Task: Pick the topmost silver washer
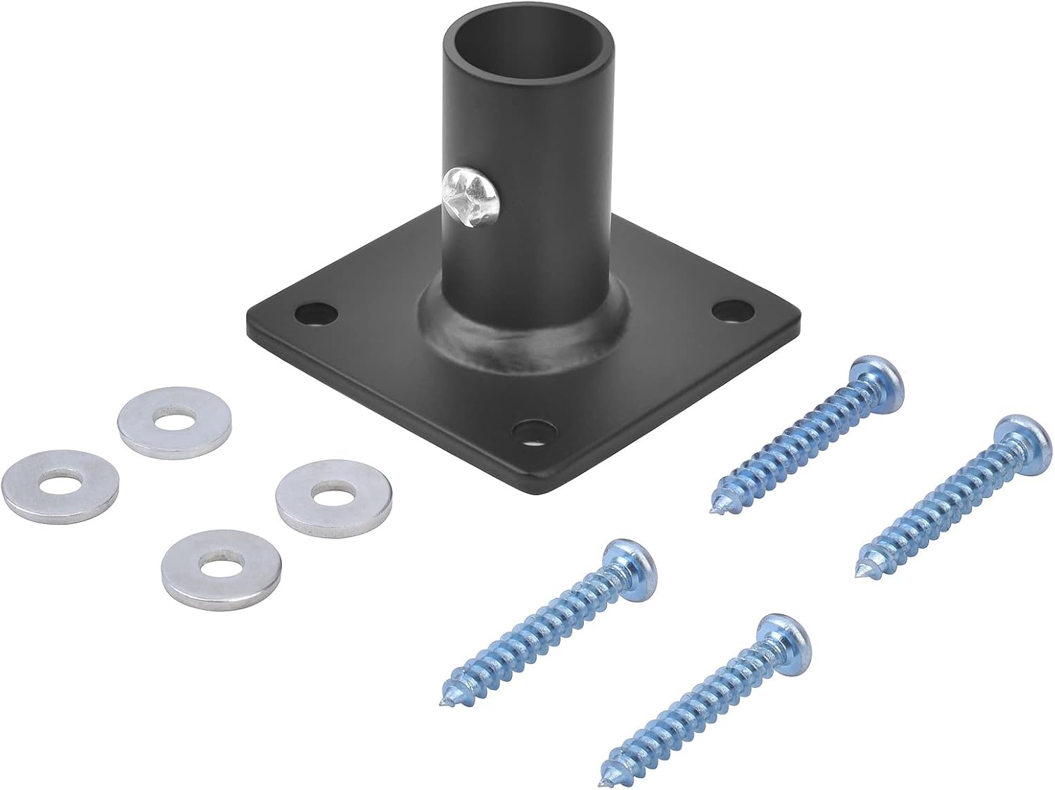(x=175, y=420)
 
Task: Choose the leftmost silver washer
(x=59, y=485)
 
